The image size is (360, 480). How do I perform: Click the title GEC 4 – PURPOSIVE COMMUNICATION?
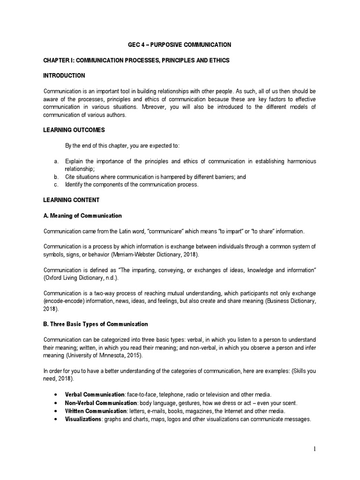tap(180, 45)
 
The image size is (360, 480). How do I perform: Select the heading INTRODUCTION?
tap(64, 75)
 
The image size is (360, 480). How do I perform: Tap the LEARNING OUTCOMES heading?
tap(74, 129)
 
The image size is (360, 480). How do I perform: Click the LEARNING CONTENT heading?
tap(71, 200)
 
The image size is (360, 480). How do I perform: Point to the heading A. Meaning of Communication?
tap(82, 216)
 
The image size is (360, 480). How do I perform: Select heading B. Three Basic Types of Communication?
tap(96, 324)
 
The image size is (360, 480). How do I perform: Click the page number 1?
tap(315, 449)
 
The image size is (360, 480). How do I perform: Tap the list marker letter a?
tap(56, 161)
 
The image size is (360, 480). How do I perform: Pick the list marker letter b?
tap(56, 177)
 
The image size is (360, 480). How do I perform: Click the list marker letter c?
tap(56, 185)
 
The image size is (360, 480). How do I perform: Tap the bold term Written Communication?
tap(96, 411)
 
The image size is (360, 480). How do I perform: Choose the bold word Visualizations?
tap(83, 419)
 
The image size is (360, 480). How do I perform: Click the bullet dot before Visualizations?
tap(57, 419)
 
